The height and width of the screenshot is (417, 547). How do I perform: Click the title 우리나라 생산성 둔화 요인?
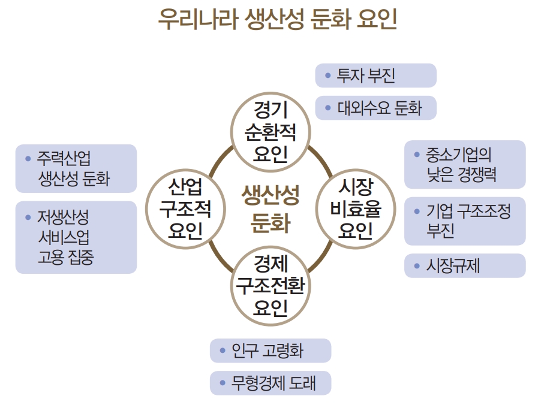tap(276, 20)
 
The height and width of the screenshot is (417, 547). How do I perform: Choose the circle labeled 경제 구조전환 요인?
tap(271, 286)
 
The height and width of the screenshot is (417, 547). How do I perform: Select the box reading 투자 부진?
tap(375, 75)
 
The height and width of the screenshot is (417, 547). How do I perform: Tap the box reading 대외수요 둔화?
tap(375, 108)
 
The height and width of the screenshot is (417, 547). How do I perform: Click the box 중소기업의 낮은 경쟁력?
tap(464, 165)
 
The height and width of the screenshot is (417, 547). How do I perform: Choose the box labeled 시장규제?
tap(464, 265)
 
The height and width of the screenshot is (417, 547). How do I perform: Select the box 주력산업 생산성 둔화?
tap(76, 169)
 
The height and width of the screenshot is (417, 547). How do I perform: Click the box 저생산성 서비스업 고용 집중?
tap(76, 237)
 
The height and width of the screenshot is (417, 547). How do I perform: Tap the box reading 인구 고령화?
tap(271, 350)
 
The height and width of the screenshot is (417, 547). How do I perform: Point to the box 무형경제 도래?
tap(271, 383)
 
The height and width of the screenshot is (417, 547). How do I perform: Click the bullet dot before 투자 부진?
tap(327, 75)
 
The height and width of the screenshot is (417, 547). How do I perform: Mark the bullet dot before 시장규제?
tap(417, 265)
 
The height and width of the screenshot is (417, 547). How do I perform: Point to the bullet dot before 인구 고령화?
tap(222, 350)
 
